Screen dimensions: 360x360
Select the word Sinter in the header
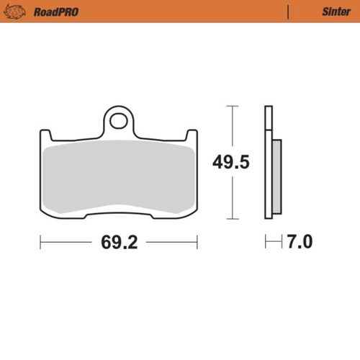pyautogui.click(x=330, y=12)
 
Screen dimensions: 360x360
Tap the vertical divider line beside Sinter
pyautogui.click(x=289, y=12)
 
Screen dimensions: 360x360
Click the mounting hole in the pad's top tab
pyautogui.click(x=120, y=120)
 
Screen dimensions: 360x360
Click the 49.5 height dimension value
pyautogui.click(x=230, y=163)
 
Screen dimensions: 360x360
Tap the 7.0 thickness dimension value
pyautogui.click(x=299, y=242)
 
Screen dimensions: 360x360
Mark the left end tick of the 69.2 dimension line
pyautogui.click(x=40, y=242)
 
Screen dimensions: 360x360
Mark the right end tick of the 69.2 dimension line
pyautogui.click(x=197, y=242)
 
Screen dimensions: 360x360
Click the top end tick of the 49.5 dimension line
pyautogui.click(x=231, y=107)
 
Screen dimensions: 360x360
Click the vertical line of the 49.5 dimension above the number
pyautogui.click(x=231, y=130)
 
